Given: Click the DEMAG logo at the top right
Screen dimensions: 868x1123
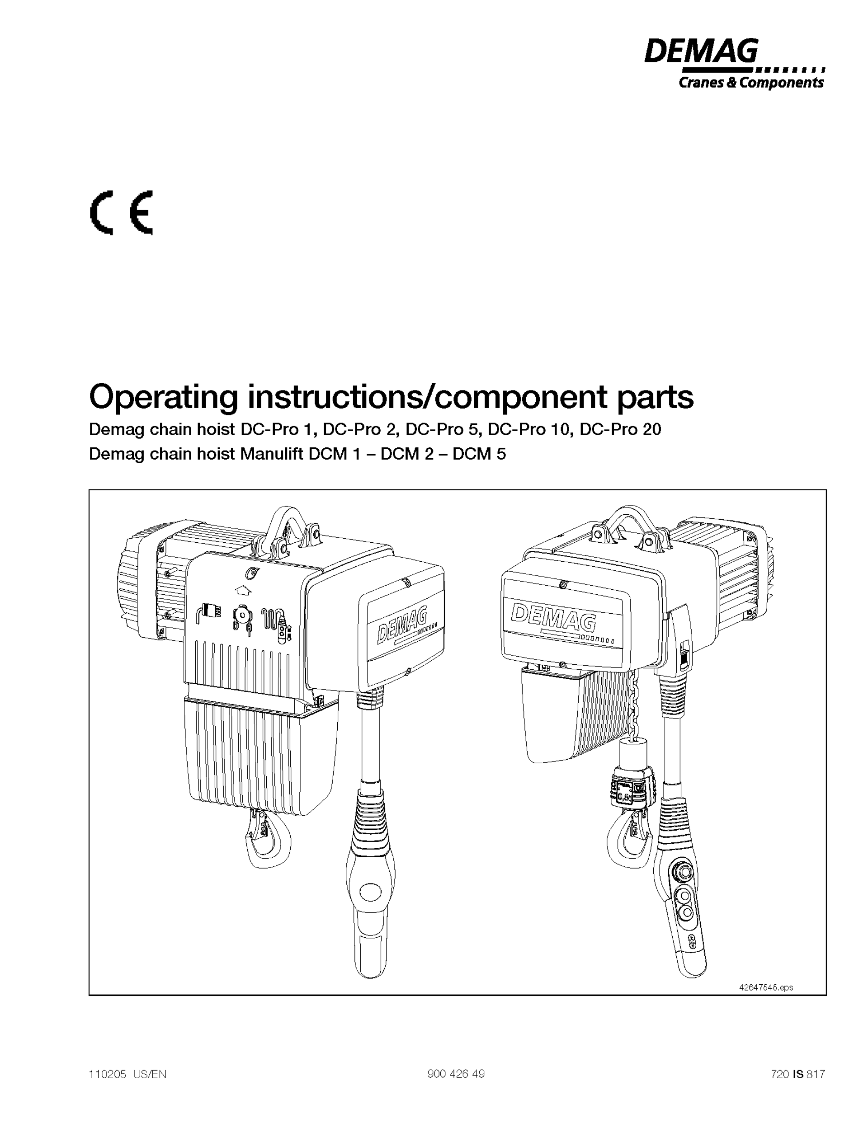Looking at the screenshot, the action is pyautogui.click(x=701, y=52).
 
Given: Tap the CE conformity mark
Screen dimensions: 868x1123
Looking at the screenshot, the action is pyautogui.click(x=122, y=213).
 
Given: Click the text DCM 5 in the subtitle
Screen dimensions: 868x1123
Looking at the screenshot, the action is pyautogui.click(x=479, y=454).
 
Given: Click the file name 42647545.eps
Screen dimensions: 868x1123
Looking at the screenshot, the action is pyautogui.click(x=766, y=987).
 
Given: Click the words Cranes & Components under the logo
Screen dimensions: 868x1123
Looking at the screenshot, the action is pyautogui.click(x=751, y=83).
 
